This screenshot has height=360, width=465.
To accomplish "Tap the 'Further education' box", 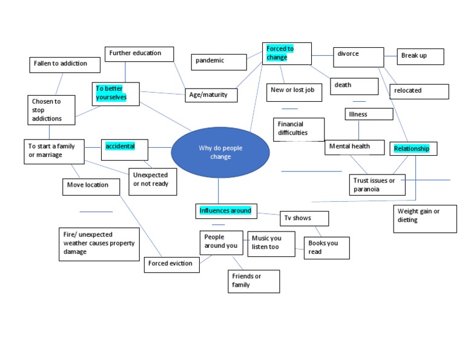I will coord(139,54).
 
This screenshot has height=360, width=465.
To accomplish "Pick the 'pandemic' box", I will coord(219,61).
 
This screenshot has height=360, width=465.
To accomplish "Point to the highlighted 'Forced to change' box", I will coord(287,54).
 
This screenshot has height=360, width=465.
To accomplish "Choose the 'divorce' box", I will coord(358,57).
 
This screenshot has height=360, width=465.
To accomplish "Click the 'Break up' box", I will coord(420,56).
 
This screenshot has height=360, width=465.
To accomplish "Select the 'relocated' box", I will coord(419,91).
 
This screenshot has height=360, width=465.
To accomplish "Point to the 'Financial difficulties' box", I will coord(298,129).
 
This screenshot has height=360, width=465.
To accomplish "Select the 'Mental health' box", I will coord(355,147).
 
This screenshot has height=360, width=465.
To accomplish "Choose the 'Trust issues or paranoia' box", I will coord(378,184).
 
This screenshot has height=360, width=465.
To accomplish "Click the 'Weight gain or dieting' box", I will coord(424,218).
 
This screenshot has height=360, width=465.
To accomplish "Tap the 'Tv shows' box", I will coord(305,218).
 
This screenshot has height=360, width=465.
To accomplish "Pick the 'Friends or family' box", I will coord(254,281).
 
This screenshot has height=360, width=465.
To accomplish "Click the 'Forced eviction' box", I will coord(172,264).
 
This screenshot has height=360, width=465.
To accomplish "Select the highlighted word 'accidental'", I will coord(124,149).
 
